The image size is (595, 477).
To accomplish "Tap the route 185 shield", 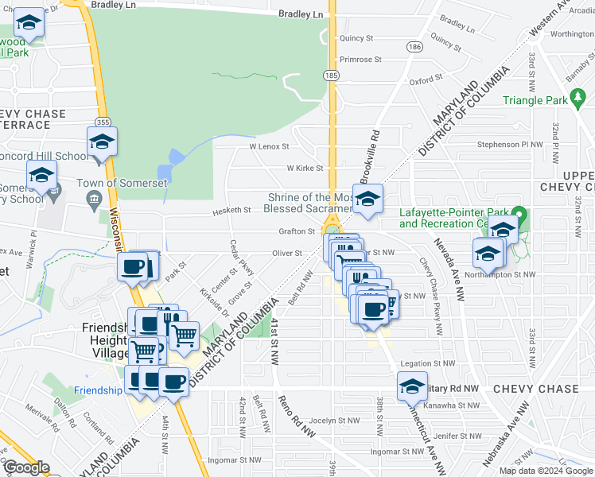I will pyautogui.click(x=332, y=75).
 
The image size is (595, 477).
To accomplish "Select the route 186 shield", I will pyautogui.click(x=414, y=48).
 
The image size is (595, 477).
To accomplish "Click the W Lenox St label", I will pyautogui.click(x=269, y=147).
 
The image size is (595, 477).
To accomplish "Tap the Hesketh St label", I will pyautogui.click(x=231, y=211).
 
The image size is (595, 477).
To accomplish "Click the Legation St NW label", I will pyautogui.click(x=428, y=363).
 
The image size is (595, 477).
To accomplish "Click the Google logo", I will pyautogui.click(x=25, y=467).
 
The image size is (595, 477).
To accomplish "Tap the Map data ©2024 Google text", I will pyautogui.click(x=545, y=471).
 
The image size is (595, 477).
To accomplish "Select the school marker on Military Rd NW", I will pyautogui.click(x=412, y=386).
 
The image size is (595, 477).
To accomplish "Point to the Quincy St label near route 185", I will pyautogui.click(x=356, y=38).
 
